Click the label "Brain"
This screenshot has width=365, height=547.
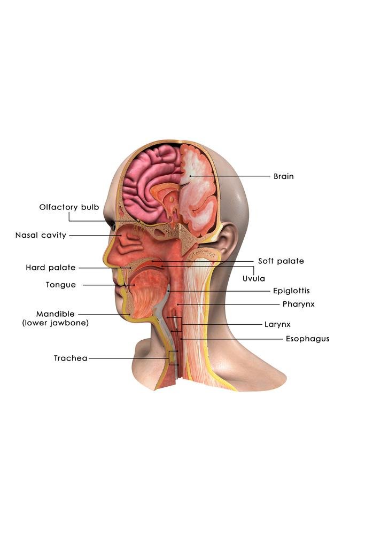coord(283,176)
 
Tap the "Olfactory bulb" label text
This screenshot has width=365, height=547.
coord(69,207)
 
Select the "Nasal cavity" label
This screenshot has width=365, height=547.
coord(41,235)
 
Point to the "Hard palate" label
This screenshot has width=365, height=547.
coord(50,268)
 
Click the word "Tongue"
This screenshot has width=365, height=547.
coord(60,285)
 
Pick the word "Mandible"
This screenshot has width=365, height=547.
coord(55,314)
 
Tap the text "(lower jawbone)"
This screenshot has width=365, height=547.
coord(55,323)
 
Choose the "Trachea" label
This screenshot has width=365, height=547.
coord(70,358)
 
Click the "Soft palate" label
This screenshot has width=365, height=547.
coord(281,261)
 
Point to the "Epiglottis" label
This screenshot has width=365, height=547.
coord(291,291)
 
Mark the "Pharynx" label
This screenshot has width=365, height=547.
coord(298,304)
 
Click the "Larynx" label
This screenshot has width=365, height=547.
coord(277,324)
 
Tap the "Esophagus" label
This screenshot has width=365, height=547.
coord(307,339)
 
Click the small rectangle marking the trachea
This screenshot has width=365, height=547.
coord(173,358)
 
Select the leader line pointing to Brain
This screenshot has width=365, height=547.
coord(230,176)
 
